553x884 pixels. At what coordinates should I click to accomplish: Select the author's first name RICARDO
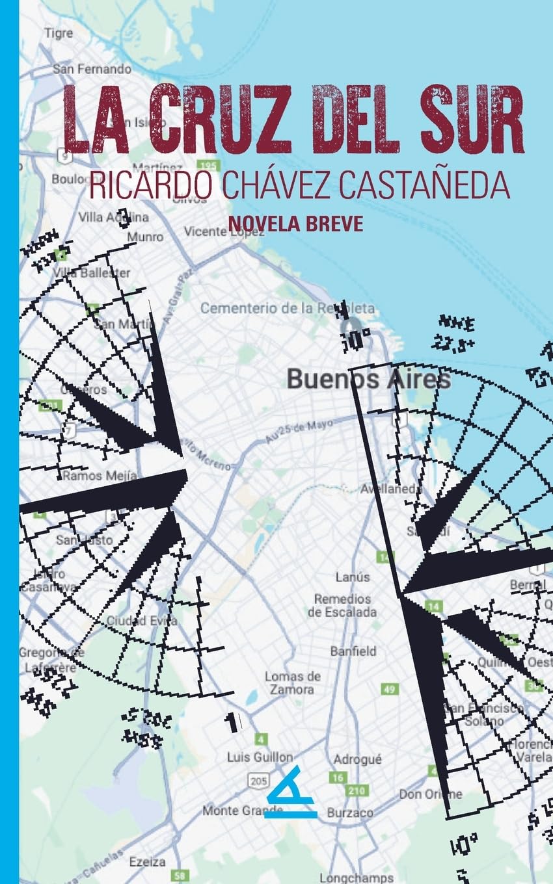tap(150, 185)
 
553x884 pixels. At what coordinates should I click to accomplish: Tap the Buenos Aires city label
tap(368, 379)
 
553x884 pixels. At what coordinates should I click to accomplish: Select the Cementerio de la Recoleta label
tap(287, 308)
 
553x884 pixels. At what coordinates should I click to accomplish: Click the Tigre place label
tap(59, 33)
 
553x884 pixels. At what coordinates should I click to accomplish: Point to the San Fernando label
tap(92, 68)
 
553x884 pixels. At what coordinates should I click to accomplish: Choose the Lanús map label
tap(353, 577)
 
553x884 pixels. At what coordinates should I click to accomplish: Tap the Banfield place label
tap(353, 651)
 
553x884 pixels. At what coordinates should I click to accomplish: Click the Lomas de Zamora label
tap(293, 682)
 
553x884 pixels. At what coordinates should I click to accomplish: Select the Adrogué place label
tap(358, 759)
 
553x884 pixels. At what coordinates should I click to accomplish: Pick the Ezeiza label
tap(147, 862)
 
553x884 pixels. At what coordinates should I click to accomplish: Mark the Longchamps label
tap(357, 877)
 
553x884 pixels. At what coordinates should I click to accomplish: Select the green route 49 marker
tap(390, 689)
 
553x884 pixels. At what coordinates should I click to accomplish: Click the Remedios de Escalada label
tap(342, 605)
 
